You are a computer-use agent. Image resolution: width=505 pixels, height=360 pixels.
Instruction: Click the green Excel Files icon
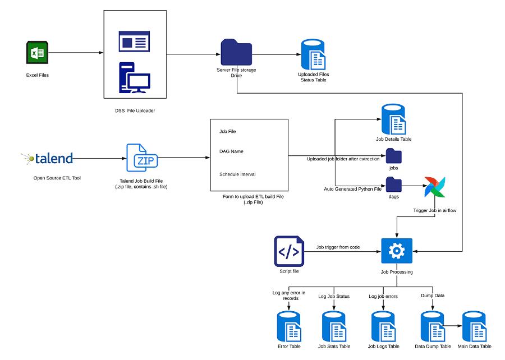tap(37, 53)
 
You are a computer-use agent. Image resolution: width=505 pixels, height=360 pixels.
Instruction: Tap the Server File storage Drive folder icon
tap(236, 52)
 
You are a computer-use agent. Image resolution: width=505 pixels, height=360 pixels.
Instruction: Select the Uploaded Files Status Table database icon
tap(313, 55)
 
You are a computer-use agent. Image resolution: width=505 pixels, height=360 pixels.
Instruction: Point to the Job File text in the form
tap(228, 131)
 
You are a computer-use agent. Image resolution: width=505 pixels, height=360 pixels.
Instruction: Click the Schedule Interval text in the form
tap(237, 174)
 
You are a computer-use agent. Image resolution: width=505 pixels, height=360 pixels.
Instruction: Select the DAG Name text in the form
tap(231, 151)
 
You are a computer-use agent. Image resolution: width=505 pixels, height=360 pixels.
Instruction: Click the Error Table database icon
tap(290, 326)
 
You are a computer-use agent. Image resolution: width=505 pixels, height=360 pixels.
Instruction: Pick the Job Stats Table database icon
tap(334, 326)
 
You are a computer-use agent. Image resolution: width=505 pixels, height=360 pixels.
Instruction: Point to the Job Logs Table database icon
tap(384, 326)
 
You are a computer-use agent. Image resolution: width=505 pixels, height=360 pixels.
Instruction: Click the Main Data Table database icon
tap(474, 326)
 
